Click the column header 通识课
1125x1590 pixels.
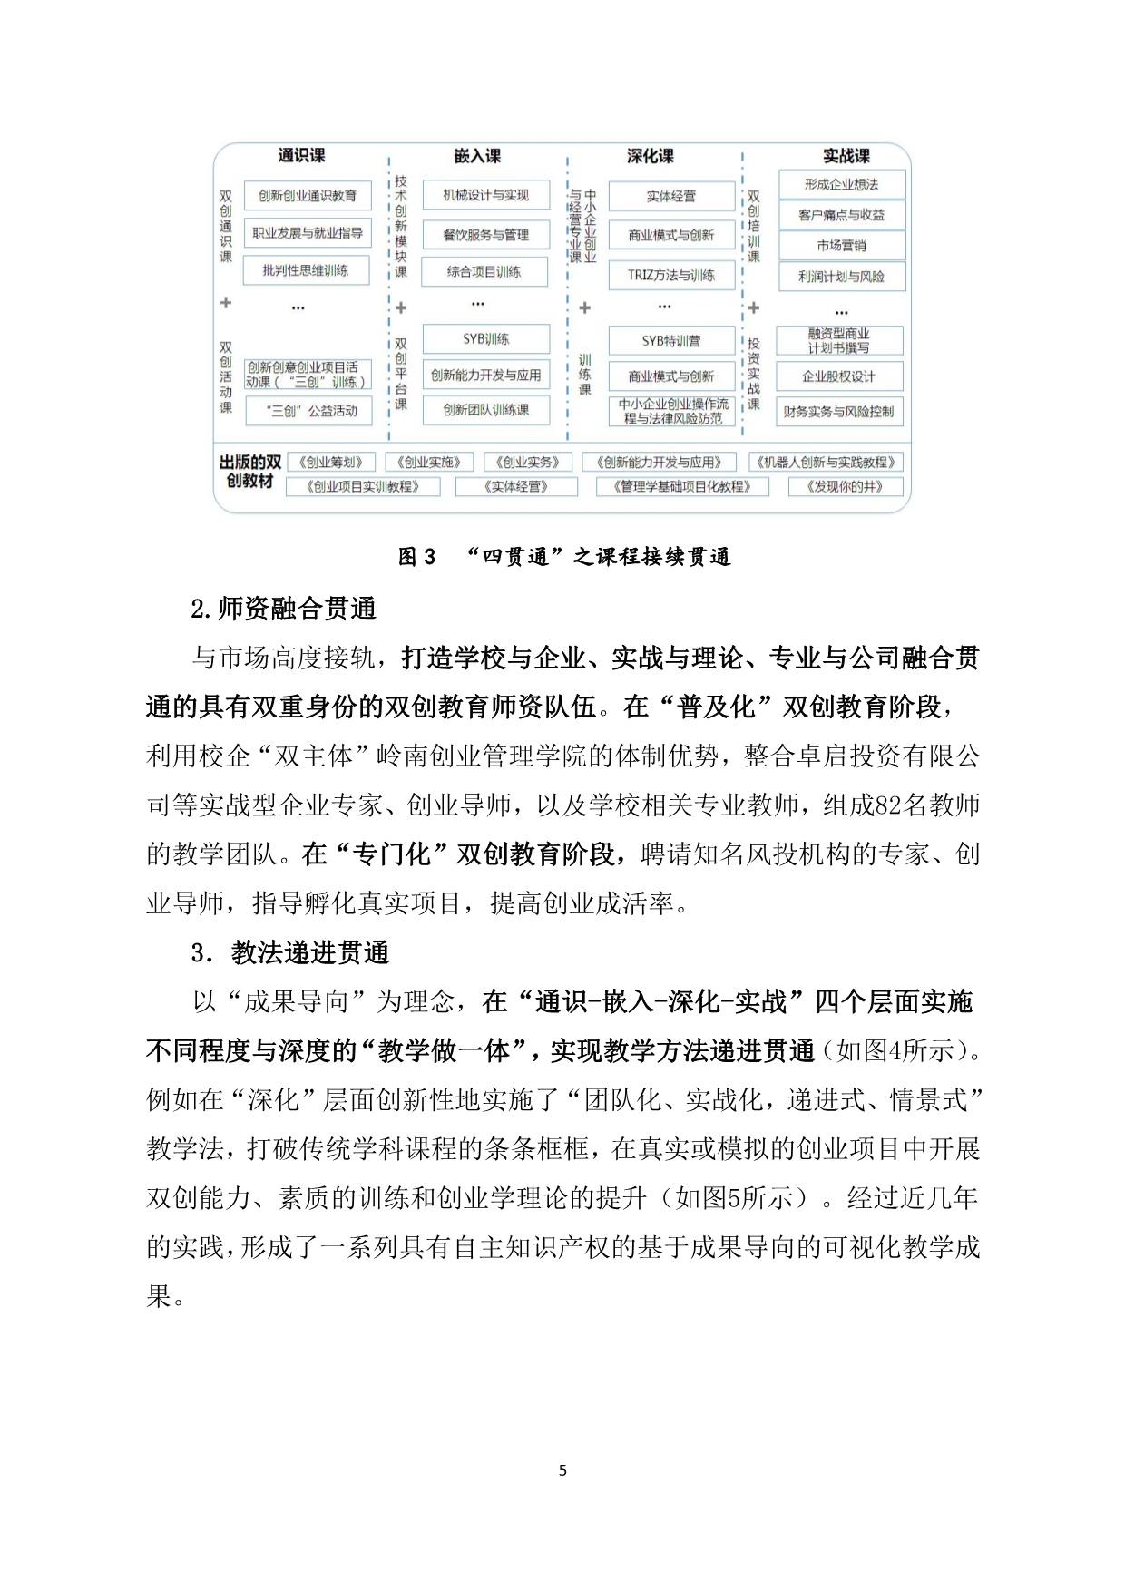point(301,156)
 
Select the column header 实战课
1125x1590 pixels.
point(846,156)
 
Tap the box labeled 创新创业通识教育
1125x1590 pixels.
point(308,195)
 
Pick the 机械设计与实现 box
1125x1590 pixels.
point(485,195)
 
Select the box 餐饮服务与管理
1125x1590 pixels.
point(485,235)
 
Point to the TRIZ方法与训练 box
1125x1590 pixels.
point(670,275)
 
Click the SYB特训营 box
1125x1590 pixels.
point(670,341)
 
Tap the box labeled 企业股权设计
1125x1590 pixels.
point(839,376)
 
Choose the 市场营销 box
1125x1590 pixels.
point(841,246)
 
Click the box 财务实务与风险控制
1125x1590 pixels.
point(839,412)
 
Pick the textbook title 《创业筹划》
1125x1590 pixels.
point(330,462)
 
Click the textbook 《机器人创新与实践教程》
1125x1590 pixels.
point(825,462)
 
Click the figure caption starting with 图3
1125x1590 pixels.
point(563,557)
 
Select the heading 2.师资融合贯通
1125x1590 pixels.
point(284,609)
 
